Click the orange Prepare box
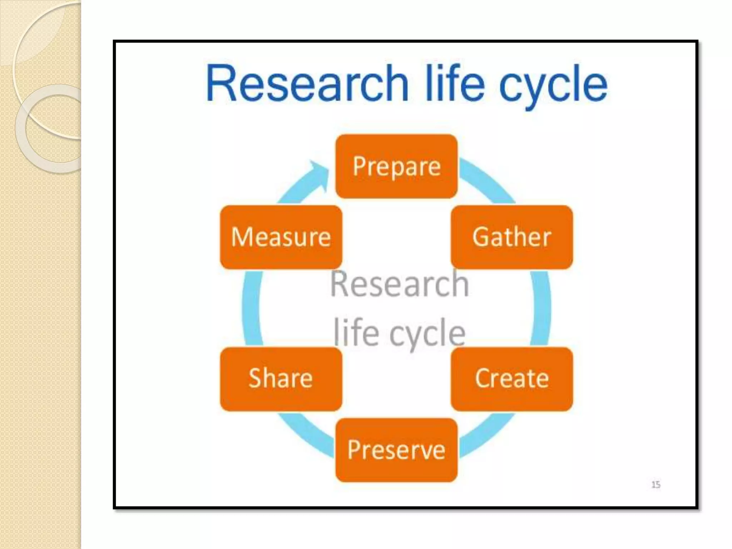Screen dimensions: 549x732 396,166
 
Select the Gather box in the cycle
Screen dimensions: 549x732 511,237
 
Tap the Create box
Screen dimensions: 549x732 511,379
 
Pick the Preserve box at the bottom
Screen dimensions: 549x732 396,450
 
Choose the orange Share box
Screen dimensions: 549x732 281,379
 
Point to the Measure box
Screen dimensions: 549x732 281,237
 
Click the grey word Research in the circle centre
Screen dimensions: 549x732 399,284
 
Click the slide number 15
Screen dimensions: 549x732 656,485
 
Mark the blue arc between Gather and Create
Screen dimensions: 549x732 540,307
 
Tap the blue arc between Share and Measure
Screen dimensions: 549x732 252,307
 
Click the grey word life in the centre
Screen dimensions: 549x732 356,333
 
